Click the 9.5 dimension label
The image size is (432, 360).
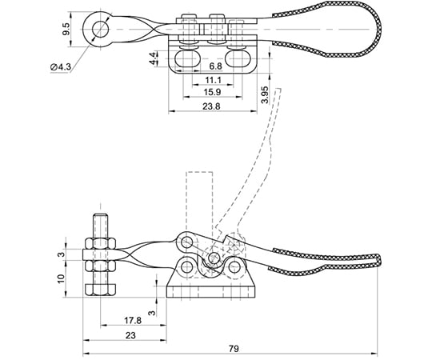[x=66, y=29]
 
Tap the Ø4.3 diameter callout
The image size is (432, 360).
[x=61, y=67]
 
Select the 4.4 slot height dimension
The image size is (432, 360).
[x=154, y=58]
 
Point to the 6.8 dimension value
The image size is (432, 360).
[x=215, y=66]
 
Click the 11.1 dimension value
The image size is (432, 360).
[x=213, y=80]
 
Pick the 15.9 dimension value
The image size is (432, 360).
[x=212, y=92]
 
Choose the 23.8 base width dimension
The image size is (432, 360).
[x=211, y=106]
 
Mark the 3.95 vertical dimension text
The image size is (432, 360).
[x=265, y=94]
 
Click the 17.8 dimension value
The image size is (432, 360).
[x=133, y=320]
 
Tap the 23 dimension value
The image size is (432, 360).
[x=130, y=335]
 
